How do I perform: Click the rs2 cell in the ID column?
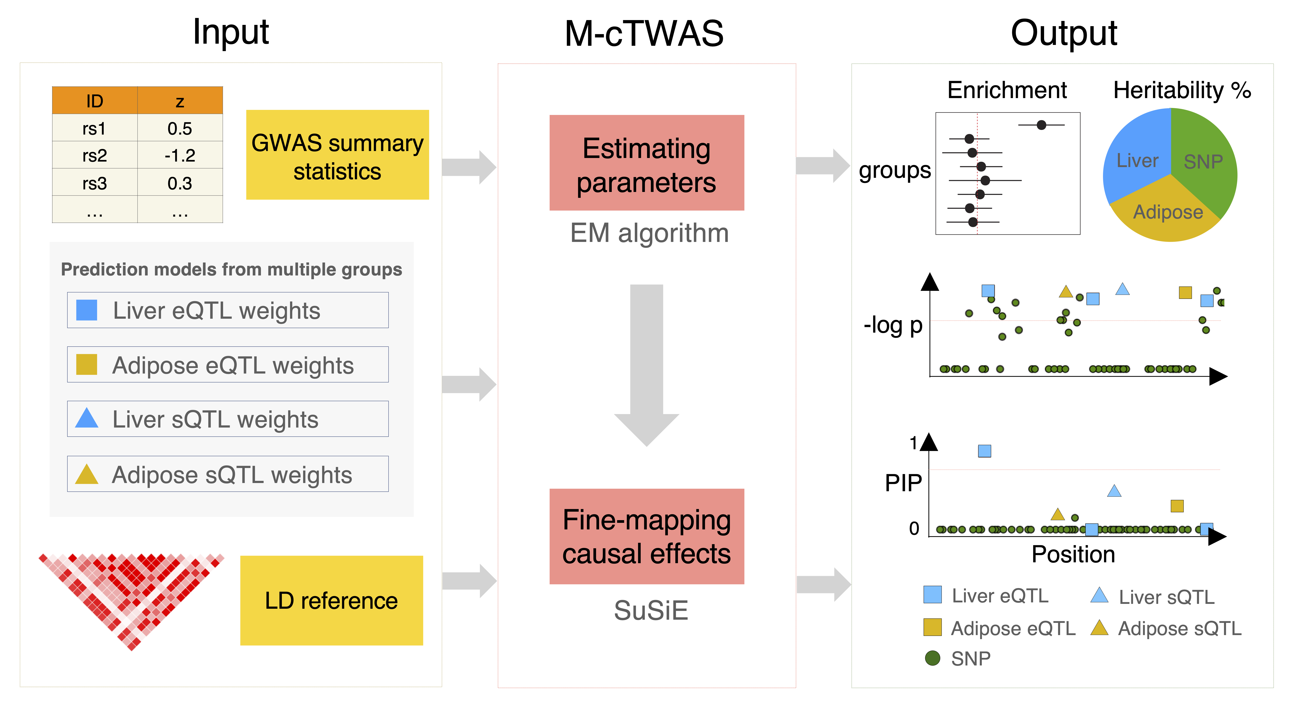pyautogui.click(x=95, y=156)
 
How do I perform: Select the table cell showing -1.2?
pyautogui.click(x=180, y=156)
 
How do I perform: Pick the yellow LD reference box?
pyautogui.click(x=331, y=600)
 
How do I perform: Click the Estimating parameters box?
pyautogui.click(x=647, y=163)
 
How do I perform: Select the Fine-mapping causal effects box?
pyautogui.click(x=647, y=536)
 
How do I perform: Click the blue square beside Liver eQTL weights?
pyautogui.click(x=87, y=310)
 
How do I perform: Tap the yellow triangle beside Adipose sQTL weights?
pyautogui.click(x=87, y=475)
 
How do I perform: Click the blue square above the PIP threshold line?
pyautogui.click(x=985, y=451)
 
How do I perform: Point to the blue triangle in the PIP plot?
pyautogui.click(x=1114, y=491)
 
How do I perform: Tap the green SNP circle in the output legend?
pyautogui.click(x=932, y=658)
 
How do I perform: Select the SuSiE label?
pyautogui.click(x=651, y=610)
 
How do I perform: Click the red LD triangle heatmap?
pyautogui.click(x=131, y=590)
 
